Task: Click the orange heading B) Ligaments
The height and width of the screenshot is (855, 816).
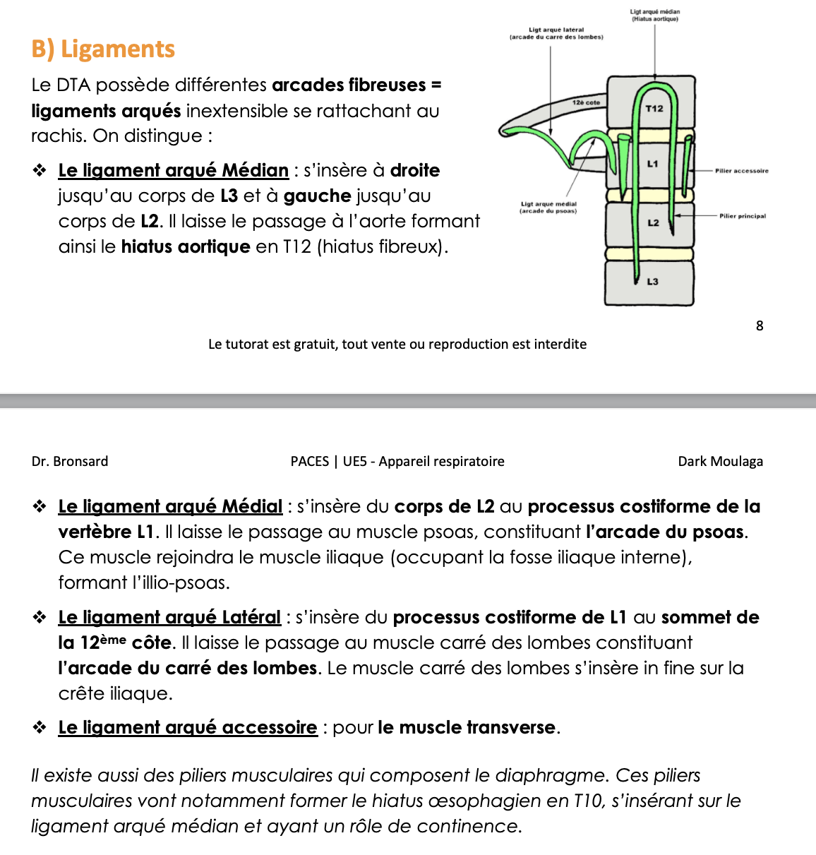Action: pos(103,49)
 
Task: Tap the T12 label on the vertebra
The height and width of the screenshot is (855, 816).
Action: pos(654,108)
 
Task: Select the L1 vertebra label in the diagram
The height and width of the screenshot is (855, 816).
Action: pos(653,164)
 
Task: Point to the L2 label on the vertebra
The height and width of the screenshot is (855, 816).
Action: pos(653,222)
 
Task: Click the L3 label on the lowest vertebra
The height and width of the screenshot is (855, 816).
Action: pos(652,281)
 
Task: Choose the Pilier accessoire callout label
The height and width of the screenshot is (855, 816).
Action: pos(741,171)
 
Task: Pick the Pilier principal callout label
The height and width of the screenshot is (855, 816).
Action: pos(743,216)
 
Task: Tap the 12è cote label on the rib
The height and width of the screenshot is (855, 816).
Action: pos(586,103)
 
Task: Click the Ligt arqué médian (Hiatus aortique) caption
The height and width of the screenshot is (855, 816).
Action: pos(655,16)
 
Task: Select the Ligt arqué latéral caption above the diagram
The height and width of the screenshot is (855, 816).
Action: pos(556,33)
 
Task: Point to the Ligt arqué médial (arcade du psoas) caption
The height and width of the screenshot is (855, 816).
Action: pos(548,207)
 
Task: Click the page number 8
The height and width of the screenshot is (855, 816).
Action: pos(760,325)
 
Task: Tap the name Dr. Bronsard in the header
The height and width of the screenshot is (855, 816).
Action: pos(70,461)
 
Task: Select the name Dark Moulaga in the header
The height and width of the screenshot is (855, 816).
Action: pos(720,461)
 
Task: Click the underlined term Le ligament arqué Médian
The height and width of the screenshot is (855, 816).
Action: pos(174,170)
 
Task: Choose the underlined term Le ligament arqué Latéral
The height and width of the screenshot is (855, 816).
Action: pos(169,617)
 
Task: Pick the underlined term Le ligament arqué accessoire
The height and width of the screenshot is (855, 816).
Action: pos(188,727)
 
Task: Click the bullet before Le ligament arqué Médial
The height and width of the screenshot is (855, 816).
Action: pos(40,506)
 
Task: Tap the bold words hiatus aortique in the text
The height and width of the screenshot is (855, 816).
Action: pos(186,246)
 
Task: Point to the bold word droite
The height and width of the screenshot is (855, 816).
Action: pos(415,170)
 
